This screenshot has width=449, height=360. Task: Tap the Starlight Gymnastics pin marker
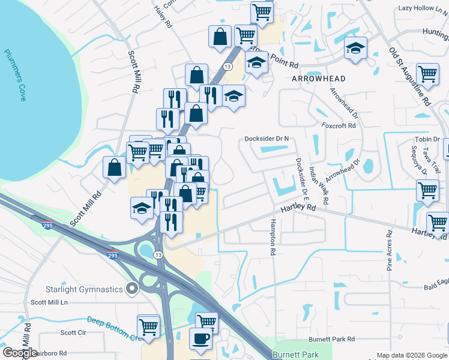pyautogui.click(x=133, y=289)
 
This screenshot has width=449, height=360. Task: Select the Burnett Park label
pyautogui.click(x=296, y=355)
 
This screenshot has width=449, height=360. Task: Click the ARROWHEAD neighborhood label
pyautogui.click(x=318, y=79)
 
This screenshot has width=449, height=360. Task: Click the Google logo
pyautogui.click(x=20, y=353)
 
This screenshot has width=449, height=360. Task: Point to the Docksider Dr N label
pyautogui.click(x=267, y=139)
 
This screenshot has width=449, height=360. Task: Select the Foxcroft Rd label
pyautogui.click(x=339, y=126)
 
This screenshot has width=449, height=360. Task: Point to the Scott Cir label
pyautogui.click(x=73, y=332)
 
